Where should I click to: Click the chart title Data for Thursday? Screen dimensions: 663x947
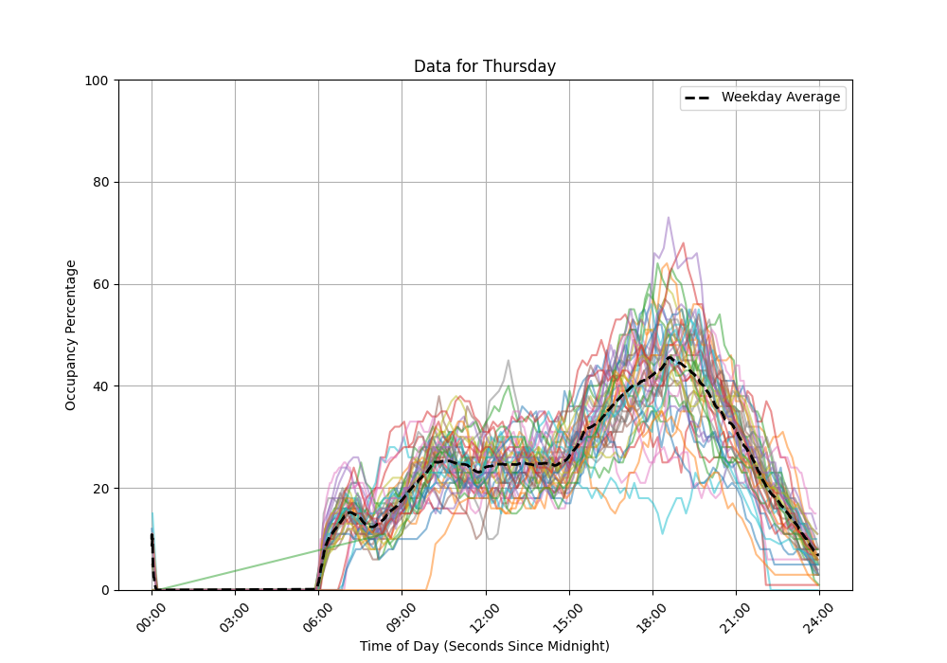pyautogui.click(x=484, y=67)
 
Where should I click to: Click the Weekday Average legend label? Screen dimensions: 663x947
pyautogui.click(x=780, y=98)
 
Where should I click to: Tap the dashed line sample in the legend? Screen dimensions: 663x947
pyautogui.click(x=699, y=98)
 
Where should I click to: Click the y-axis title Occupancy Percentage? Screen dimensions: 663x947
pyautogui.click(x=71, y=334)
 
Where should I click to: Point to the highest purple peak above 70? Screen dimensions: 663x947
pyautogui.click(x=668, y=218)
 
